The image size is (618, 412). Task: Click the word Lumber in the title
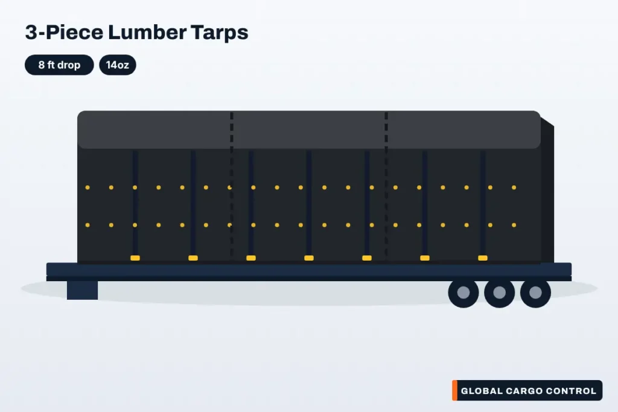coord(147,32)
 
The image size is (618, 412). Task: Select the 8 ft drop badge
coord(59,65)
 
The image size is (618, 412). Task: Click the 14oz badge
coord(118,65)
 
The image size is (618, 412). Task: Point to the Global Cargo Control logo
coord(527,390)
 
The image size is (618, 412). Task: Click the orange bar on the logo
coord(455,390)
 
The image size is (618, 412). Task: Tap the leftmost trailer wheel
coord(463,293)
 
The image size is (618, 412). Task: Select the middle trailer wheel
coord(499,293)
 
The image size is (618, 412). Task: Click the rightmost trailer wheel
coord(535,293)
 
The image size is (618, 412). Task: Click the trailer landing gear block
coord(82,290)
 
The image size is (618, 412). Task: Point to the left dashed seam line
coord(232,185)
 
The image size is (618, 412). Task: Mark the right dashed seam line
coord(386,185)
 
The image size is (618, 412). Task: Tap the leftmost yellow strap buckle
coord(135,258)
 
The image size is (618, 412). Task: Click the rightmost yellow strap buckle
coord(483,258)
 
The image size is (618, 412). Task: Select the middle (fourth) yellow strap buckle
coord(309,258)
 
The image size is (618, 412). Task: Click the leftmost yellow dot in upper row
coord(88,188)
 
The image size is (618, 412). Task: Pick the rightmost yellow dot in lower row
coord(514,225)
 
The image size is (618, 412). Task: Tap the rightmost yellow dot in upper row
coord(514,188)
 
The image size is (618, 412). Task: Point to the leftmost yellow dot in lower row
coord(88,225)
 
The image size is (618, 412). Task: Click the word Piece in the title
coord(74,32)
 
